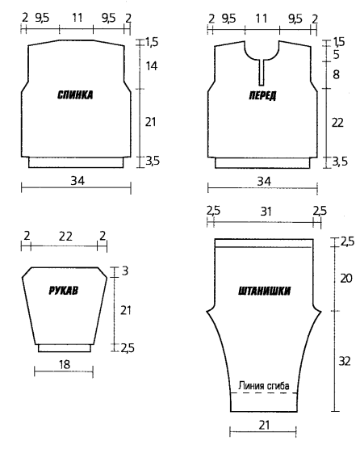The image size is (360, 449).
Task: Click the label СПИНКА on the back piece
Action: click(75, 95)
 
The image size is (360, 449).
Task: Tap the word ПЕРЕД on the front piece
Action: click(262, 95)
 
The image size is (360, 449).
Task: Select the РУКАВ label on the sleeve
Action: click(64, 291)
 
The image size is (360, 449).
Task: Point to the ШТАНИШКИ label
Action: click(265, 292)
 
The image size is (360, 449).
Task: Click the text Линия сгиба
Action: click(264, 386)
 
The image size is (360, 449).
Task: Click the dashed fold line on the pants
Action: click(264, 392)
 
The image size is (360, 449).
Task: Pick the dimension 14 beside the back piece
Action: click(152, 66)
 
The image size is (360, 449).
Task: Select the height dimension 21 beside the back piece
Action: click(150, 122)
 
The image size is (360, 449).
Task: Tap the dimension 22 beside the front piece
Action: click(337, 123)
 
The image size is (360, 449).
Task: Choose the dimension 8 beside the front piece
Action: click(337, 75)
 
